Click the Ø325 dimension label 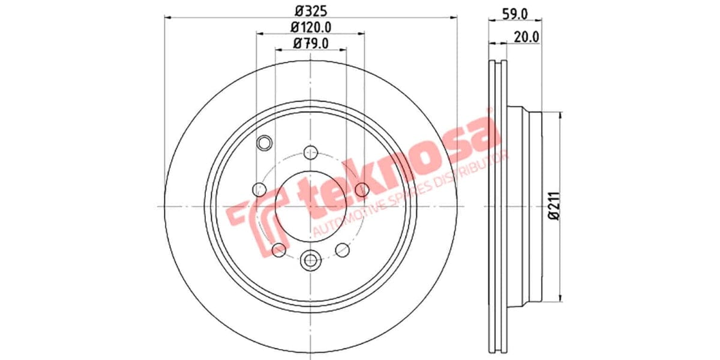[310, 10]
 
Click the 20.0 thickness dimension [527, 36]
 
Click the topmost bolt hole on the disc [310, 152]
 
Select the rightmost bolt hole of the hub [362, 190]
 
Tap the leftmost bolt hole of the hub [259, 190]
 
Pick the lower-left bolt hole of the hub [278, 250]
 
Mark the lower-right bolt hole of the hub [343, 250]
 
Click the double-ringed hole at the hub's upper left [264, 143]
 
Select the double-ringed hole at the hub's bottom [310, 260]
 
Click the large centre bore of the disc [310, 207]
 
